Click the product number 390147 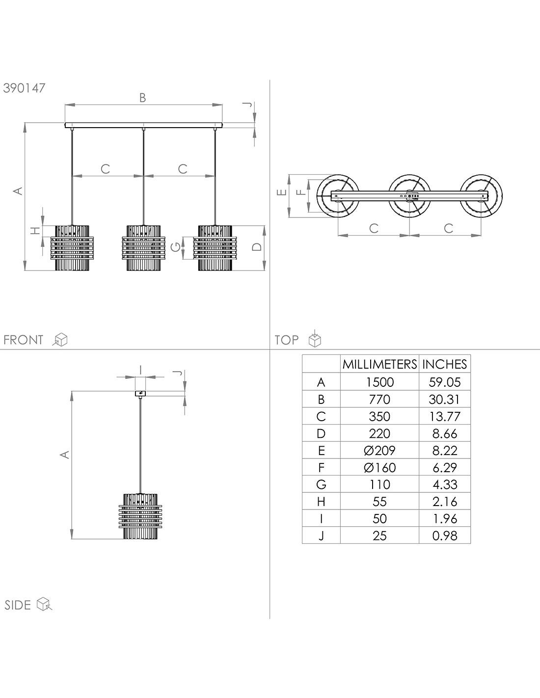tap(24, 88)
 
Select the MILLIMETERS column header tap(379, 364)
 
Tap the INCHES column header tap(445, 364)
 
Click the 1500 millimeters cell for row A tap(379, 382)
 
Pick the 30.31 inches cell tap(445, 399)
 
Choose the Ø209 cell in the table tap(379, 450)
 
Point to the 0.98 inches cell tap(445, 536)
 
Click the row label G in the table tap(321, 484)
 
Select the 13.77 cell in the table tap(445, 416)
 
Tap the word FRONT tap(23, 340)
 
